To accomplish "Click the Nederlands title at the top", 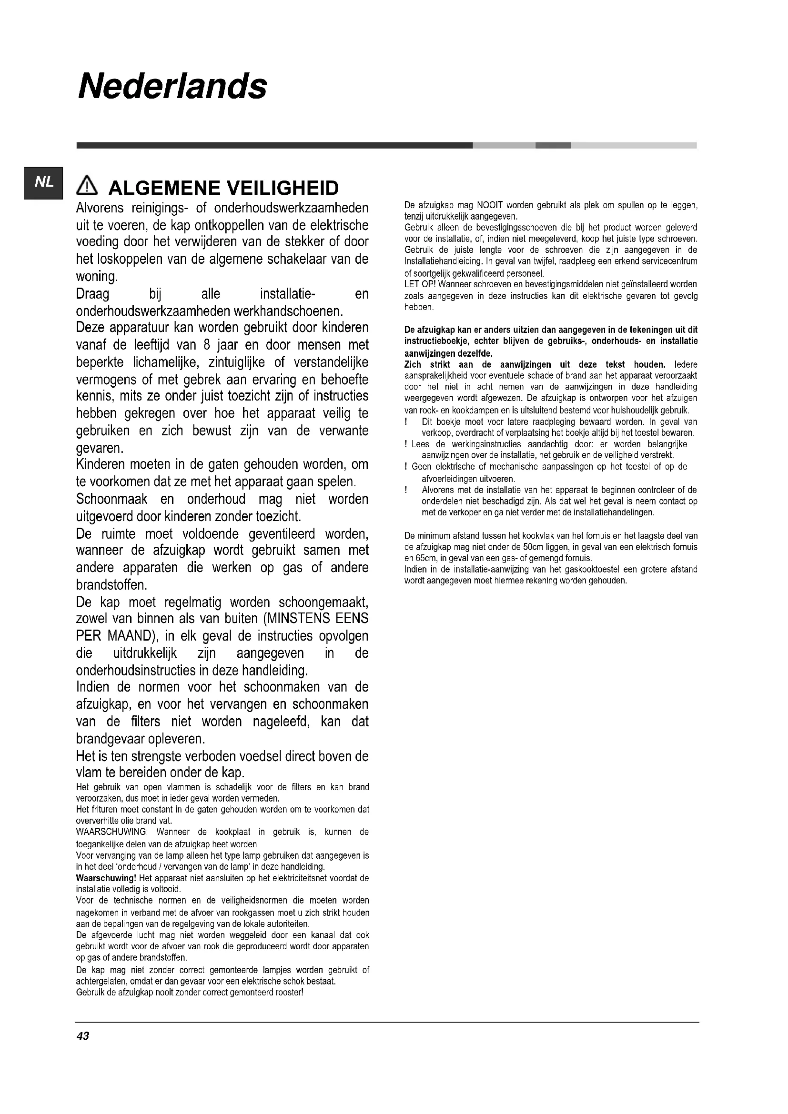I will coord(172,86).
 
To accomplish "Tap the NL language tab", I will coord(43,182).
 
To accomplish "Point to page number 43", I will coord(82,1036).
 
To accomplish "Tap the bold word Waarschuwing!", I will coord(106,878).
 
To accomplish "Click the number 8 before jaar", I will coord(207,345).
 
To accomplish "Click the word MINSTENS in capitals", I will coord(298,619).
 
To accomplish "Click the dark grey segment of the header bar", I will coord(274,145).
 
